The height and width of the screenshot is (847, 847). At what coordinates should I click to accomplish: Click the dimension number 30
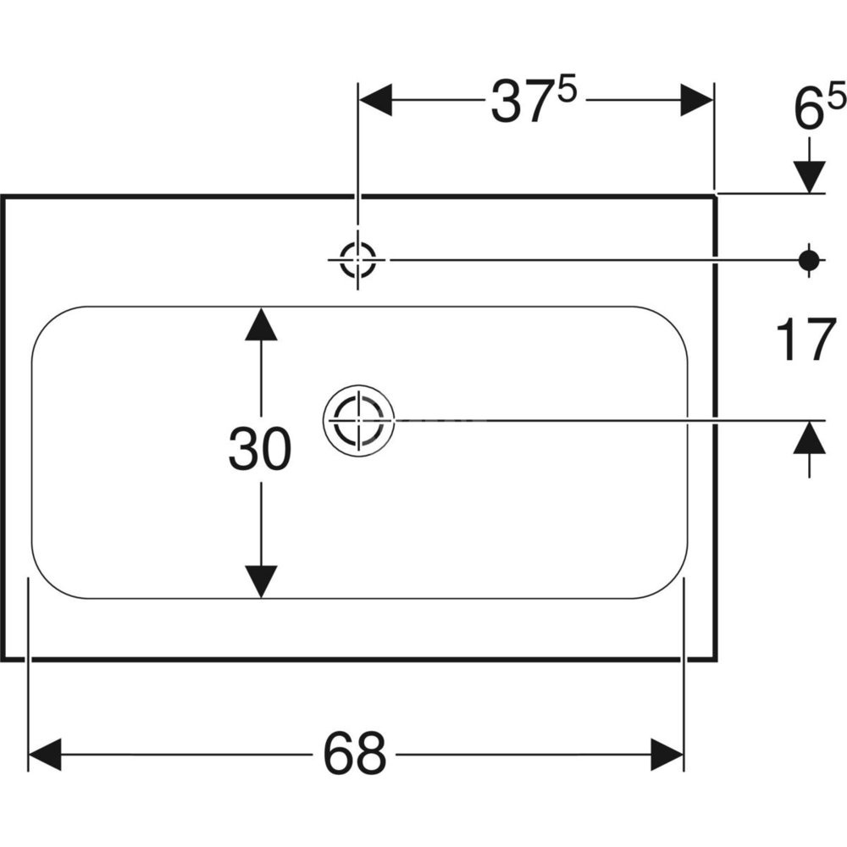tap(259, 450)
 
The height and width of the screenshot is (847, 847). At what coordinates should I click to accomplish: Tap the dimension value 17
tap(801, 342)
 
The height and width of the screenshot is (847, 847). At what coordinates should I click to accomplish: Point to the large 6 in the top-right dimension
tap(808, 110)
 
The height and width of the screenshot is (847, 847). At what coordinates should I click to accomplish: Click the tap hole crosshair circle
tap(357, 259)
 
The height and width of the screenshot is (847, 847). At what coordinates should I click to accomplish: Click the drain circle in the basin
tap(358, 418)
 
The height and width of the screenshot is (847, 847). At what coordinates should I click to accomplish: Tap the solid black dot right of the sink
tap(811, 259)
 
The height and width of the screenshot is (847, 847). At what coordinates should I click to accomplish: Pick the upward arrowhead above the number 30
tap(261, 324)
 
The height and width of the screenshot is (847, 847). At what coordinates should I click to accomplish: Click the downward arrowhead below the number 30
tap(261, 581)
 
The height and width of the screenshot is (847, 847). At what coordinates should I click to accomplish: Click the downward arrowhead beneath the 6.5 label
tap(811, 177)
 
